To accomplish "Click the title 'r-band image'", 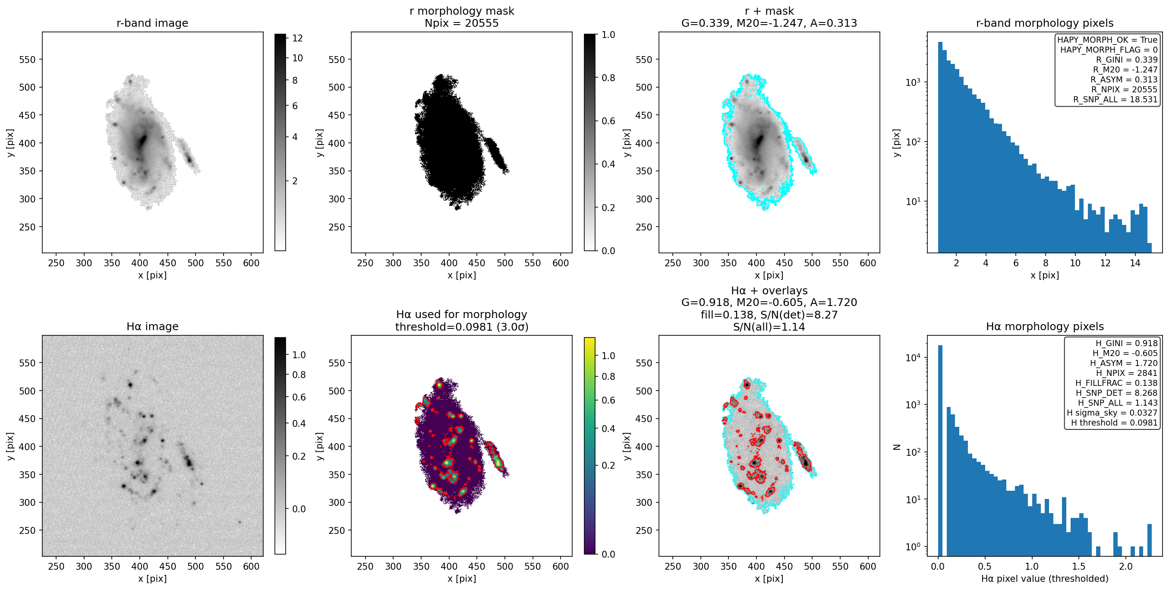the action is (x=152, y=23).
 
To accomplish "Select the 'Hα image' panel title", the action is (x=152, y=326).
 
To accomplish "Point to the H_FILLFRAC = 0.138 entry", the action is (x=1116, y=383).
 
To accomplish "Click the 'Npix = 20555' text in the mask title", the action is (x=462, y=23).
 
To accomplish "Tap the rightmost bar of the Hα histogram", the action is (x=1150, y=540).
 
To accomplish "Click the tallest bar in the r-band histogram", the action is (x=940, y=147).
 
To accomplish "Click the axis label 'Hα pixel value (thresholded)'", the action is (x=1045, y=579).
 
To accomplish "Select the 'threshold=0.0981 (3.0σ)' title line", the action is (x=462, y=327).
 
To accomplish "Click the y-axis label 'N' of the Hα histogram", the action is (x=896, y=447).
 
